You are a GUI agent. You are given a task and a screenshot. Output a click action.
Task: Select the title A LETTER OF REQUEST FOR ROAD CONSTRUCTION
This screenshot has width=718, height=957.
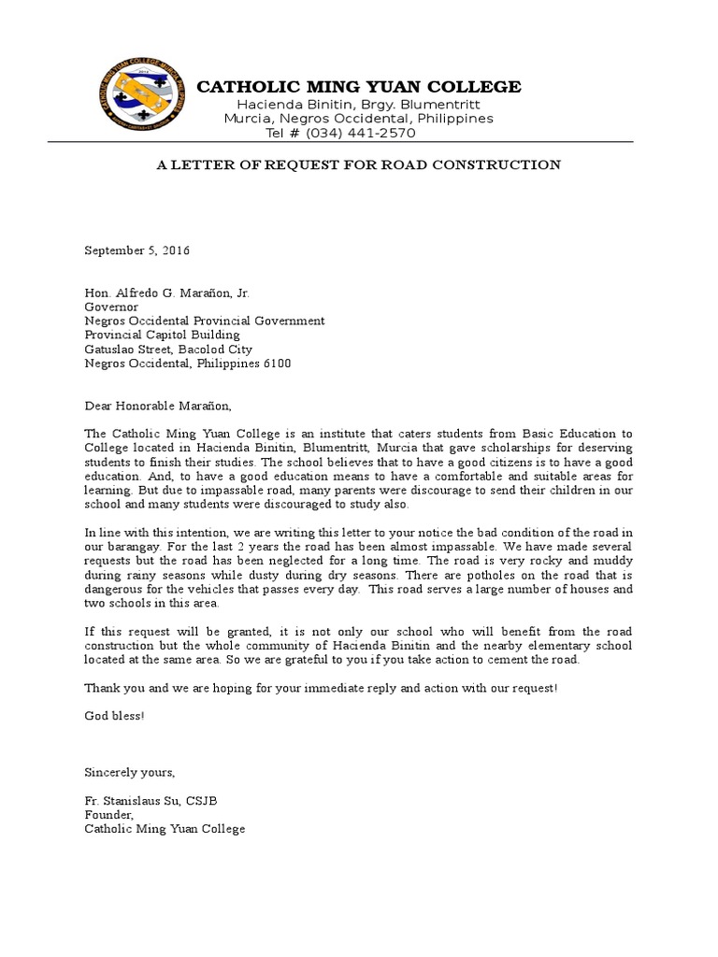point(358,165)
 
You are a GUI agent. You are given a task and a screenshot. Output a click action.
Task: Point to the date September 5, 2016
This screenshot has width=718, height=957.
point(137,250)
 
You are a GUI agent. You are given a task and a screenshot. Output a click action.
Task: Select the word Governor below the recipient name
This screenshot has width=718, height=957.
point(111,307)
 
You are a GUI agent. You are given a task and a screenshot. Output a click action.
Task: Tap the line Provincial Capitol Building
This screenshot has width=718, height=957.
point(162,335)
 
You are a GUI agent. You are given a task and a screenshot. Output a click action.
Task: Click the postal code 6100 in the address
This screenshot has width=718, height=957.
point(278,363)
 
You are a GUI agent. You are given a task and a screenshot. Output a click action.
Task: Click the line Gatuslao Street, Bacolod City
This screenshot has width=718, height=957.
point(164,349)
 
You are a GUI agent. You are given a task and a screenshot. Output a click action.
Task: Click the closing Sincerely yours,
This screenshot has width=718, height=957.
point(129,772)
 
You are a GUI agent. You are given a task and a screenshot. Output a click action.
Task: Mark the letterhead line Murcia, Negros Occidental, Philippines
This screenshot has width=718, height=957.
point(358,119)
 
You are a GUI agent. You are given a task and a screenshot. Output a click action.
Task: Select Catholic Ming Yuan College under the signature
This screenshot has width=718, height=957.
point(165,828)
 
